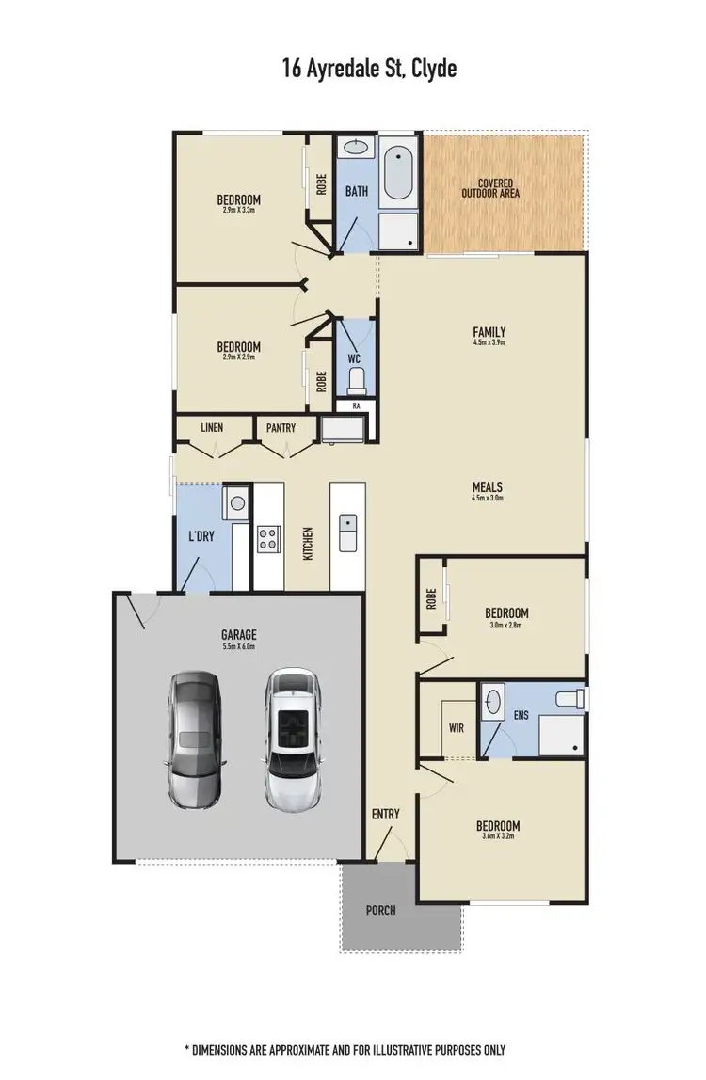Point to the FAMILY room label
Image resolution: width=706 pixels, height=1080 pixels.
point(489,332)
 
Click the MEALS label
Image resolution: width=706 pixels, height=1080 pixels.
point(488,488)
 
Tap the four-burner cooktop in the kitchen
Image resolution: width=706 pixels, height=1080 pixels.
point(267,539)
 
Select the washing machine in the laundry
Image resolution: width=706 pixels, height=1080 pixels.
point(237,503)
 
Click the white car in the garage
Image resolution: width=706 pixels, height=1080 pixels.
point(294,739)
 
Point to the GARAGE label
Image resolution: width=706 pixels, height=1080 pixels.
point(239,635)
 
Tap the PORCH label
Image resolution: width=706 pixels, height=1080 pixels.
point(381,910)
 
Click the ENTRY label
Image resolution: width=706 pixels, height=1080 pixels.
point(386,814)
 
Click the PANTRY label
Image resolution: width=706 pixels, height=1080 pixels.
point(281,428)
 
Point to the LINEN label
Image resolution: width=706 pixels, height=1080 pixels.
point(212,428)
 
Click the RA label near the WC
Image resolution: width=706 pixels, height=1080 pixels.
point(357,405)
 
